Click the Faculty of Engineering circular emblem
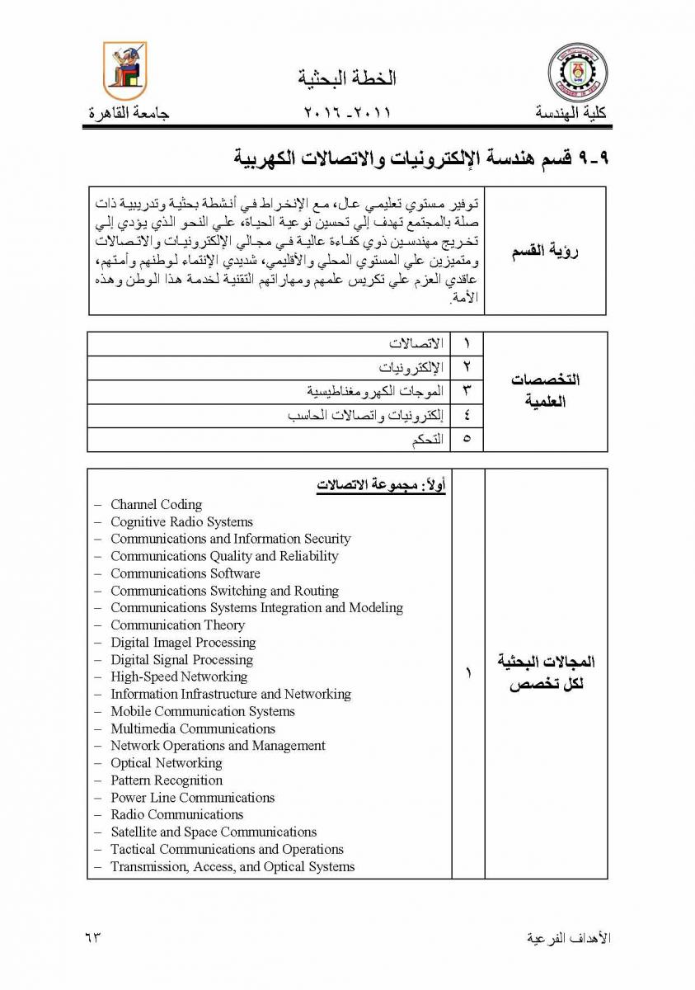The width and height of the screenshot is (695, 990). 576,72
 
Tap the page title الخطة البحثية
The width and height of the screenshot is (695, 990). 346,78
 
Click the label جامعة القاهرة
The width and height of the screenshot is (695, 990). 129,113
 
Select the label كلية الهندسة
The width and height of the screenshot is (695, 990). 571,113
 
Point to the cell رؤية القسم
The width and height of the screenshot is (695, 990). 545,252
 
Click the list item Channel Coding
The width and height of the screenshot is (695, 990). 156,505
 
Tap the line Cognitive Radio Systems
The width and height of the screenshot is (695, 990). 181,522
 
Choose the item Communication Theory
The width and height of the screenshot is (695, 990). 177,625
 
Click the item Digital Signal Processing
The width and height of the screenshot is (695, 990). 181,660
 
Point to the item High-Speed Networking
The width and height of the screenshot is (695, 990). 179,677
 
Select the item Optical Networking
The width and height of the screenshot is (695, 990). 167,763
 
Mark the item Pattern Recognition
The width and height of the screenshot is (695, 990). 167,780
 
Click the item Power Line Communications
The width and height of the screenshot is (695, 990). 192,798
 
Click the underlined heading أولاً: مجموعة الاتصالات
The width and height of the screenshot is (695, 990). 381,486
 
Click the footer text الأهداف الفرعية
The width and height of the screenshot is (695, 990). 568,938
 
